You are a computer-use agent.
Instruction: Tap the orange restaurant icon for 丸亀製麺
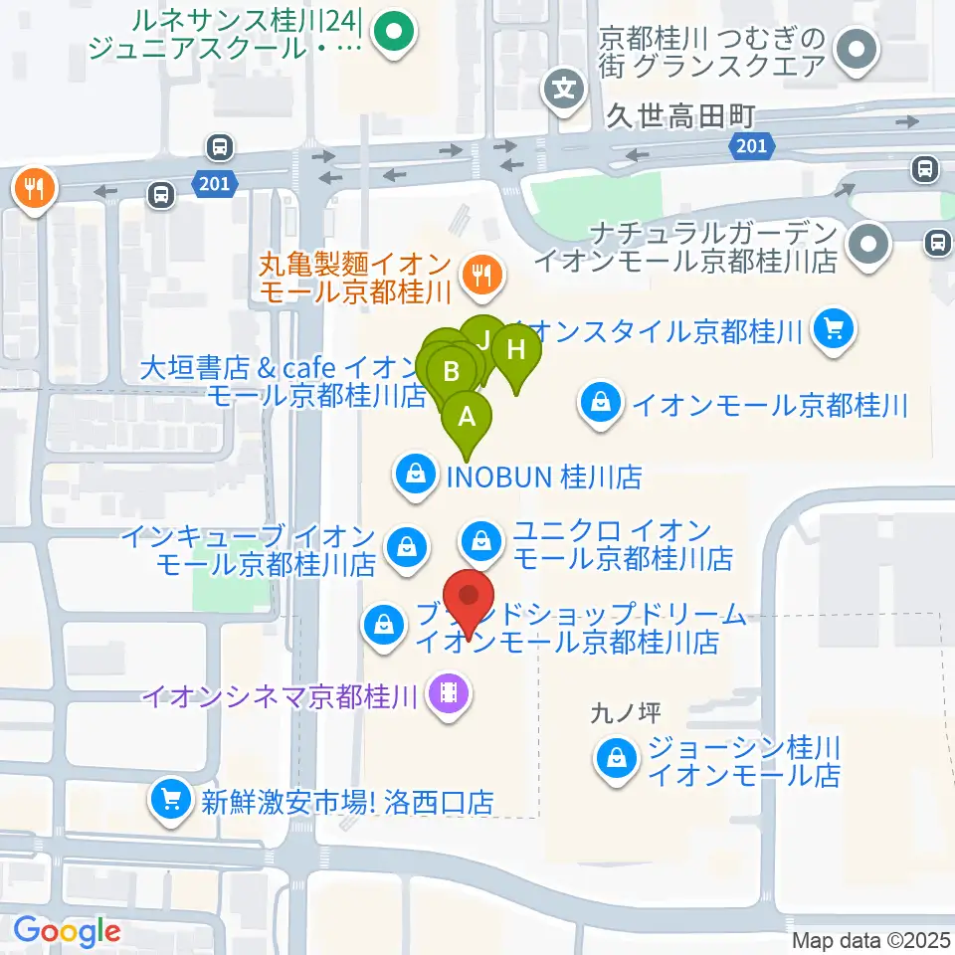(483, 272)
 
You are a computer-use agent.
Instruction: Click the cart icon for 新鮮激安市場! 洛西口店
(170, 798)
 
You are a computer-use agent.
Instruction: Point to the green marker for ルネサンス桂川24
(394, 34)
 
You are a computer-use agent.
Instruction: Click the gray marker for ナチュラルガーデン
(869, 244)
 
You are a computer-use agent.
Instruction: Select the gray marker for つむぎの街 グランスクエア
(854, 48)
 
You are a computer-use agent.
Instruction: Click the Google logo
(67, 931)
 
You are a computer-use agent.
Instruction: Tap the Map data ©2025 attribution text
(870, 940)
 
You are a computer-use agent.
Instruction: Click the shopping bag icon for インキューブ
(406, 546)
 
